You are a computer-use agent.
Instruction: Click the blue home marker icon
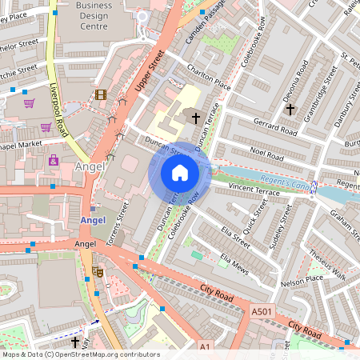click(180, 172)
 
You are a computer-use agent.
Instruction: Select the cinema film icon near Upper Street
click(100, 94)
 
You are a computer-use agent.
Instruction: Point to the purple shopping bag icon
click(54, 160)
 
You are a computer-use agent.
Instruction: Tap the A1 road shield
click(204, 346)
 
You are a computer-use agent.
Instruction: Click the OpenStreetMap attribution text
click(80, 354)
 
